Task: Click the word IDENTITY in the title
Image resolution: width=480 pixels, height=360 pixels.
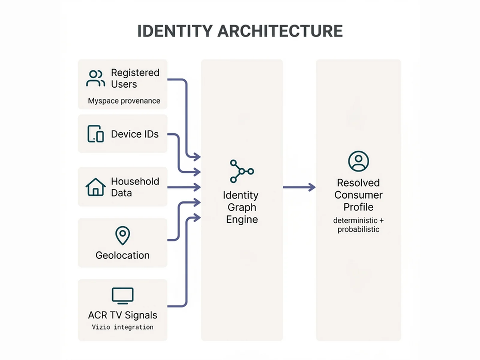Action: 175,31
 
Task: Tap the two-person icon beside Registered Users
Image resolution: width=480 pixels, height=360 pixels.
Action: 95,78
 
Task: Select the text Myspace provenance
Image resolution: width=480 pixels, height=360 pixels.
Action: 124,101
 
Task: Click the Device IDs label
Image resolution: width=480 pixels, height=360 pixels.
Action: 135,134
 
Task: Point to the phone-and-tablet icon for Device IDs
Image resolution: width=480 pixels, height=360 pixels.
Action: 95,134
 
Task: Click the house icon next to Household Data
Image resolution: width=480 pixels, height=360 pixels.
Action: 95,187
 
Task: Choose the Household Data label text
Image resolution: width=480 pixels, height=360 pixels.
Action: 135,187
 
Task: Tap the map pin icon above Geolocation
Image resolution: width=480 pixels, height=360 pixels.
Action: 122,235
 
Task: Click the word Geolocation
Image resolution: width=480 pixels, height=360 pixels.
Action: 122,255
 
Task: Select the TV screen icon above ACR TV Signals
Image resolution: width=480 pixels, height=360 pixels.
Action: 122,295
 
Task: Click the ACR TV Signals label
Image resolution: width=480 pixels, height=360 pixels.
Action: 122,315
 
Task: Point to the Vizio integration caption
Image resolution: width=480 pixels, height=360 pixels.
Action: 122,327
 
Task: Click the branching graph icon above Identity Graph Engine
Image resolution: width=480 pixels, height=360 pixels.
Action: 241,171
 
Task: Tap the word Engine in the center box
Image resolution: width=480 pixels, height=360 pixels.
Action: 242,220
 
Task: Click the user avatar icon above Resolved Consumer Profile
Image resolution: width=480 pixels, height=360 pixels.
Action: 358,161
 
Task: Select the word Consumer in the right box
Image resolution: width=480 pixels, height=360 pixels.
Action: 358,195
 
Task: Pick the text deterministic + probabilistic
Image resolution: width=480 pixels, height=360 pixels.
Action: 358,225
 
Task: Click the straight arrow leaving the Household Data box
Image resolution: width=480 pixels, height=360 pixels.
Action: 184,187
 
